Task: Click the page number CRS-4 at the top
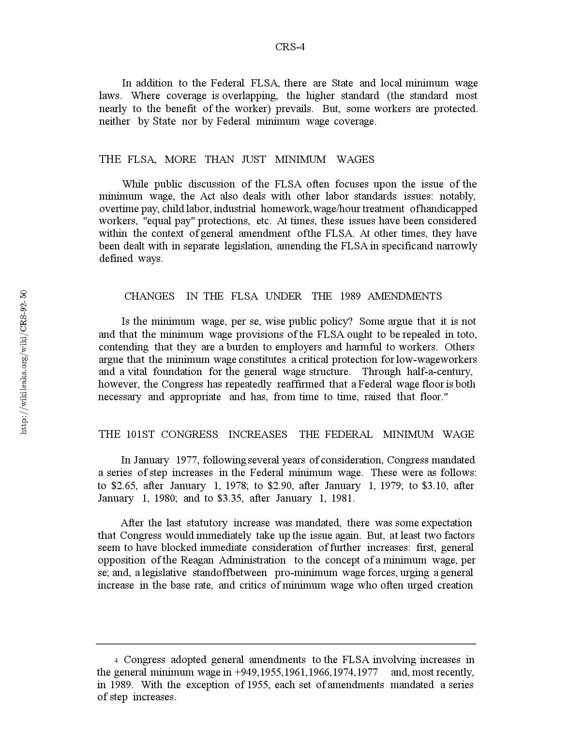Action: pyautogui.click(x=290, y=47)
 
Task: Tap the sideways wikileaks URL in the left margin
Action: pyautogui.click(x=24, y=362)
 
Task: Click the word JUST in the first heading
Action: pyautogui.click(x=254, y=159)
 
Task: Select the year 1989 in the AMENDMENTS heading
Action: pyautogui.click(x=350, y=296)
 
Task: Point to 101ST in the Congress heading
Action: pyautogui.click(x=140, y=434)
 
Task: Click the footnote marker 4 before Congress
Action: pyautogui.click(x=116, y=661)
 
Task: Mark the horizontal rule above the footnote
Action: pyautogui.click(x=286, y=644)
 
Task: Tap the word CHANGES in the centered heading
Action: pyautogui.click(x=149, y=296)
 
